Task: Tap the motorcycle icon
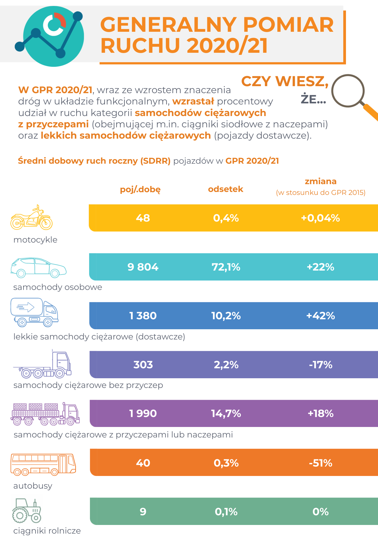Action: coord(31,218)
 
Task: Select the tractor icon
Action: coord(26,511)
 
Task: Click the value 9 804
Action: coord(143,267)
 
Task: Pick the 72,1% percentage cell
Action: coord(226,267)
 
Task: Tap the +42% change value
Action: coord(320,316)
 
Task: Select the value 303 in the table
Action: coord(143,365)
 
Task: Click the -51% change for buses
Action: coord(320,463)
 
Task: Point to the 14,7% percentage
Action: coord(226,414)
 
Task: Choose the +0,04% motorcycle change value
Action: coord(320,218)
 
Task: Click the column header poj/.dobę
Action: coord(140,189)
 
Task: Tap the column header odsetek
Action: coord(226,189)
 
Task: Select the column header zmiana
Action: coord(320,181)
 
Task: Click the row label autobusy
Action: coord(33,486)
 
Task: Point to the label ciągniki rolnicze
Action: coord(47,531)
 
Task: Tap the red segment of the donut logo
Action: coord(61,19)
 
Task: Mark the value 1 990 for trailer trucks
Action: coord(143,414)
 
